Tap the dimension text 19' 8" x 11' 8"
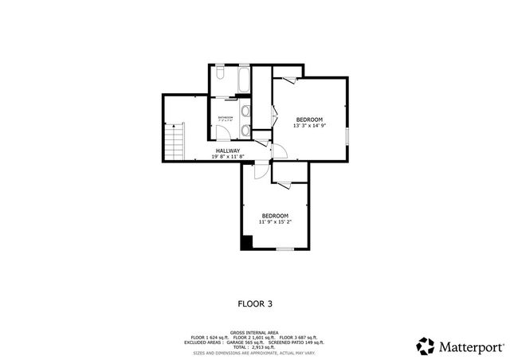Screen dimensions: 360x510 click(x=227, y=157)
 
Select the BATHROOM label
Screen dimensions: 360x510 click(x=226, y=117)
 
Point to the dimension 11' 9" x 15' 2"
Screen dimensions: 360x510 click(x=275, y=222)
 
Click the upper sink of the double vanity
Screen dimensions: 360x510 click(x=246, y=112)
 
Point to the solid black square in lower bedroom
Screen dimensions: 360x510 click(x=247, y=242)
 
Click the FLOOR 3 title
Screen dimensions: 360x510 click(x=255, y=303)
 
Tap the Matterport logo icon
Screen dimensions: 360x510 click(x=425, y=346)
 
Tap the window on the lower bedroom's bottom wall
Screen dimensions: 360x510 click(x=284, y=249)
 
